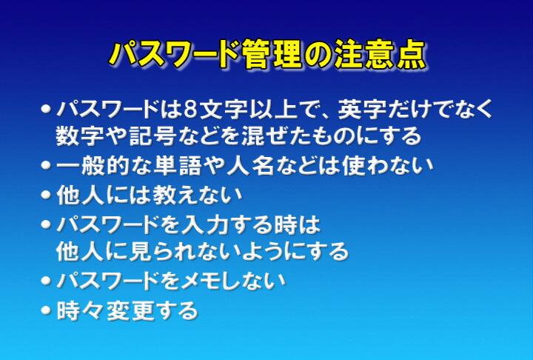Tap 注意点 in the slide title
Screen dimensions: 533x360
tap(379, 55)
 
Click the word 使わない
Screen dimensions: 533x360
tap(388, 165)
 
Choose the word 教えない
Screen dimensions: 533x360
tap(197, 196)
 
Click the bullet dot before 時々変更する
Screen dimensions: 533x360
tap(46, 310)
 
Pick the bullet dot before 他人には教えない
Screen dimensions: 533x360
tap(46, 195)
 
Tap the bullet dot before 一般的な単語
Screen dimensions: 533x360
tap(46, 165)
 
